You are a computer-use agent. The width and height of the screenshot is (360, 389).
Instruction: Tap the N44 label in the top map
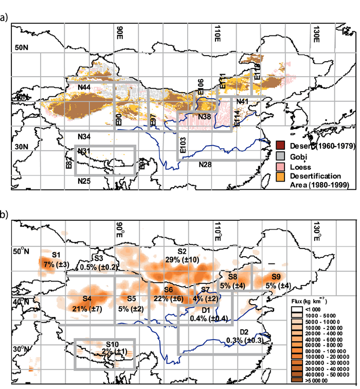tap(84, 89)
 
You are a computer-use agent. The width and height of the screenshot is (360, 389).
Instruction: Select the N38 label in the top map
tap(205, 117)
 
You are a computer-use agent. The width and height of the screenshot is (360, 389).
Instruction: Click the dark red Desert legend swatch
tap(280, 146)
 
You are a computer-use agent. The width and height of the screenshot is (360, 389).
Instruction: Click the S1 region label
tap(57, 255)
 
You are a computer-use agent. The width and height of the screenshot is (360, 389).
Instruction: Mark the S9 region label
tap(276, 277)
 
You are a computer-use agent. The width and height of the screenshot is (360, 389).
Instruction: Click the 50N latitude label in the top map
tap(20, 47)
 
